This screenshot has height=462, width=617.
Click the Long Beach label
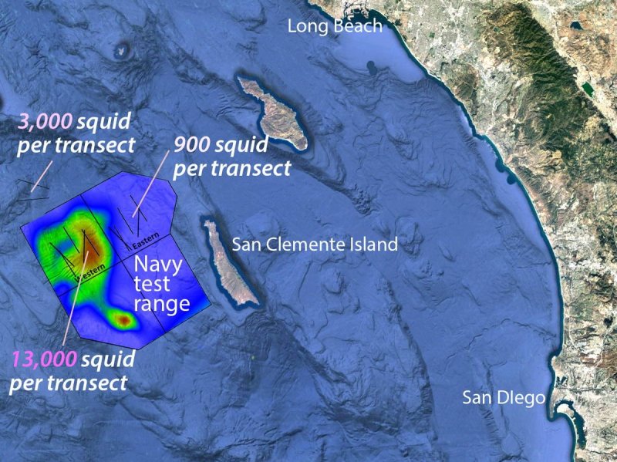pos(334,26)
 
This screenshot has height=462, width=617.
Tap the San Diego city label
pos(504,398)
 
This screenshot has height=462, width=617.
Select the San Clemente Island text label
pos(315,245)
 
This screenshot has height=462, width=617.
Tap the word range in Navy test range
pos(163,303)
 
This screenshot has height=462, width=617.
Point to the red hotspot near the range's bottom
pos(122,317)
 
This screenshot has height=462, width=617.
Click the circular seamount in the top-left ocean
pos(122,51)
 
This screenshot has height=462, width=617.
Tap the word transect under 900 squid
pos(245,167)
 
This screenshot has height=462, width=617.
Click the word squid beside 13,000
pos(109,359)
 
